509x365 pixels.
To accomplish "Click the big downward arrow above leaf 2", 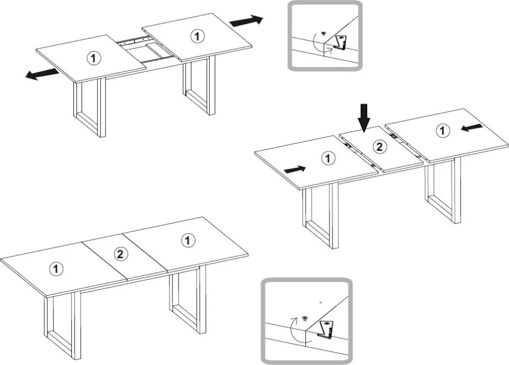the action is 364,118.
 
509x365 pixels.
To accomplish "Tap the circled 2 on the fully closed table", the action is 120,254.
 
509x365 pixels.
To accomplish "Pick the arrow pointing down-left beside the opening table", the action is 42,74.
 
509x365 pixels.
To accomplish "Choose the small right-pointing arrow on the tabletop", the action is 295,169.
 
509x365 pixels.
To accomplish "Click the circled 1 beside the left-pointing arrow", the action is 442,131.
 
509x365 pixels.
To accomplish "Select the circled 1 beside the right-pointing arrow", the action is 328,159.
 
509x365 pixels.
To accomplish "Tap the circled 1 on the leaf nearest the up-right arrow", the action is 197,36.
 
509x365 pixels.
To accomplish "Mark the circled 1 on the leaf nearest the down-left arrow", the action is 94,59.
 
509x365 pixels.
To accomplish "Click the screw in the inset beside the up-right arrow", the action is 323,33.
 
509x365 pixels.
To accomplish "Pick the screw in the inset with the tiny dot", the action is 305,318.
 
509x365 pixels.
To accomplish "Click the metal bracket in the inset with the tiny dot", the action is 325,329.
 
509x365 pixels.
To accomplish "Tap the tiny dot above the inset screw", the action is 321,302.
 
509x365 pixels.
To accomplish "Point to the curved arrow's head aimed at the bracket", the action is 331,48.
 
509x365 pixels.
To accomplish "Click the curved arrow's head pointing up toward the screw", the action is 294,320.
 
